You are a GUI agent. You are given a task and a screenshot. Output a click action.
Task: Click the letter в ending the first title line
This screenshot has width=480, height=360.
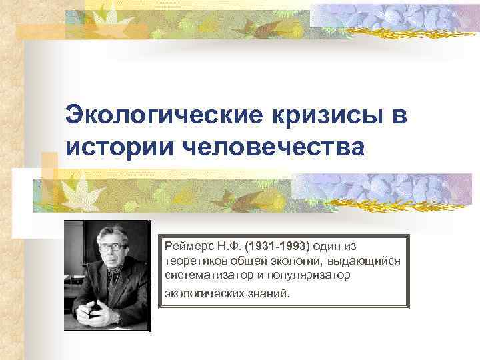(x=399, y=115)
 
